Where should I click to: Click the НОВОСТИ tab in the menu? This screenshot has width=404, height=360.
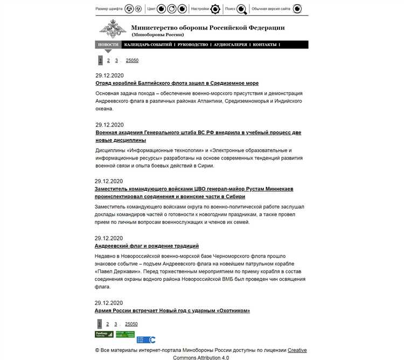click(x=108, y=45)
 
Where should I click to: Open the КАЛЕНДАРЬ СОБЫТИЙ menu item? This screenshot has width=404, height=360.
click(x=148, y=45)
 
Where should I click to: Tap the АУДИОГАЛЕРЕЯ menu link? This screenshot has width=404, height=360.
click(x=231, y=45)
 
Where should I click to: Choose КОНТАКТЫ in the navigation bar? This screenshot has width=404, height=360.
click(x=264, y=45)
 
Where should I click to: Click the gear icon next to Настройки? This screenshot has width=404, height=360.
click(x=215, y=9)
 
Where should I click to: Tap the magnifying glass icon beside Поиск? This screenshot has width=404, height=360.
click(x=242, y=9)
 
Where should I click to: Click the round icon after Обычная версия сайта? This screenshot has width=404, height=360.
click(x=297, y=9)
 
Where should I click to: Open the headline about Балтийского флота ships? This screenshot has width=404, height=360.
click(x=177, y=84)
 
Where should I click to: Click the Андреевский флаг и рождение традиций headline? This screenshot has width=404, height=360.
click(x=147, y=246)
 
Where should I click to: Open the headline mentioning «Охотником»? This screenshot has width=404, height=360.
click(x=172, y=310)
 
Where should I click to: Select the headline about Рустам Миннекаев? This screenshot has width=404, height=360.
click(x=194, y=189)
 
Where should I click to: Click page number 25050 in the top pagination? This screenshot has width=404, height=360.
click(x=132, y=60)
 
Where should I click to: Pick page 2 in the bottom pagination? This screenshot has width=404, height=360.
click(x=107, y=324)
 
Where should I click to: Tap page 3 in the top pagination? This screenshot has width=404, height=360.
click(x=116, y=60)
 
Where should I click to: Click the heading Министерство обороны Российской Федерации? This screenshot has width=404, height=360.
click(x=208, y=27)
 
